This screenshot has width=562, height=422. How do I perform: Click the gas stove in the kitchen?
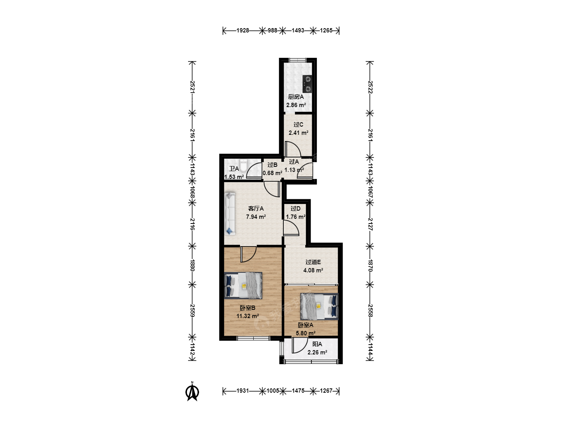click(x=307, y=84)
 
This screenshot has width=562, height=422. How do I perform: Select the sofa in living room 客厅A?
click(x=230, y=214)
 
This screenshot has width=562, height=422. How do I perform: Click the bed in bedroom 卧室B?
click(x=243, y=285)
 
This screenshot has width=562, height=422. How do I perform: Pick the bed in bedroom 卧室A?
click(x=319, y=307)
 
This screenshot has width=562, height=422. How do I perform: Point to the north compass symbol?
click(x=192, y=391)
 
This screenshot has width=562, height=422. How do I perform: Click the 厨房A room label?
click(x=296, y=97)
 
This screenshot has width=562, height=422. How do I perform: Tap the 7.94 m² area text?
click(x=256, y=217)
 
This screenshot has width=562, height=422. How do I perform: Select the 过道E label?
click(x=313, y=262)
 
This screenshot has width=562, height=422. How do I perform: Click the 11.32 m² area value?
click(x=247, y=316)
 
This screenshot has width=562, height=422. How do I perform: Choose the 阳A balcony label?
click(x=317, y=344)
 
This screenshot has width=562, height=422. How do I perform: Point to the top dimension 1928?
click(x=242, y=30)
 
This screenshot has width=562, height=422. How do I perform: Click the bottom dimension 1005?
click(x=273, y=391)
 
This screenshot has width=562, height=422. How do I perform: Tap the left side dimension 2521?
click(x=192, y=87)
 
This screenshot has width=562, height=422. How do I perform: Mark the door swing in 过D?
click(x=291, y=227)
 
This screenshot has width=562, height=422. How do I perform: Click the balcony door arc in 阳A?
click(x=300, y=345)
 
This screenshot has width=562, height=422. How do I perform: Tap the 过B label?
click(x=272, y=165)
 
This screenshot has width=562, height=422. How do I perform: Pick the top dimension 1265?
click(x=326, y=30)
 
